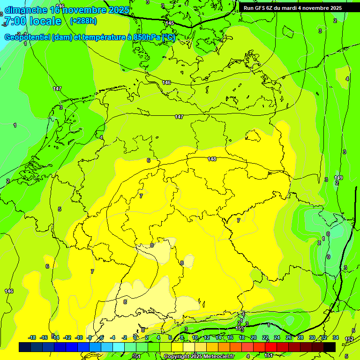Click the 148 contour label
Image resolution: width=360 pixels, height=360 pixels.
212,159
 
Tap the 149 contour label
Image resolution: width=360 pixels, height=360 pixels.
338,178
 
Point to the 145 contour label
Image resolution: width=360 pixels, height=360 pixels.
170,23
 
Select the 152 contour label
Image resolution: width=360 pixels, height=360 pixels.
349,339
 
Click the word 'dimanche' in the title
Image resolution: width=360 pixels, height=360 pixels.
26,10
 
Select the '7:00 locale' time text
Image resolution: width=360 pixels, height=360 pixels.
32,21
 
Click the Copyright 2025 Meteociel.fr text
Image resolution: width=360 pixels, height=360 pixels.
199,357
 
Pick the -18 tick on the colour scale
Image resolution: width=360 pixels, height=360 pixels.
32,337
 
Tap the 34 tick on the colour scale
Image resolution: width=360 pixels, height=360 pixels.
336,337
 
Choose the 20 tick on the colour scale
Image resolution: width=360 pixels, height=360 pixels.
254,337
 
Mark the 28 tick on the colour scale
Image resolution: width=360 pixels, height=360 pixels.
300,337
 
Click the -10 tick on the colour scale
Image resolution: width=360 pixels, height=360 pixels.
79,337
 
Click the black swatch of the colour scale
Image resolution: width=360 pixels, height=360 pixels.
330,347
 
